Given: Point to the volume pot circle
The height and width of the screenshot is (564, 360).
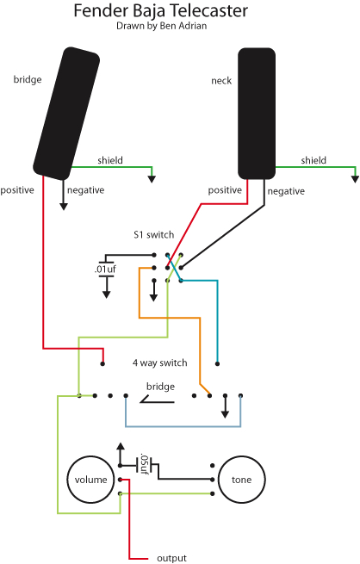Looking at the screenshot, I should point(91,479).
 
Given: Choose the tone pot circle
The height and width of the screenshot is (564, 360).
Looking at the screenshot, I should point(242,479).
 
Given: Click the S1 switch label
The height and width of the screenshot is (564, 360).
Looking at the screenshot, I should point(153,235).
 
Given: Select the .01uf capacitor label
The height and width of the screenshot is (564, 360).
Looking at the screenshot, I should point(107,270).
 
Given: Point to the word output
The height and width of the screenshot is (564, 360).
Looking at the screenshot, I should point(171,558).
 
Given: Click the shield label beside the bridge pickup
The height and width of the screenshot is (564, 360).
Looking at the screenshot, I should point(109,160).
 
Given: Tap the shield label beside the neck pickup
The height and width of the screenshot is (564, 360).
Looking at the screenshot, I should point(313,160).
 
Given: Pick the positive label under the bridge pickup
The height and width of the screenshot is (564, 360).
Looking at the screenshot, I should point(17,189).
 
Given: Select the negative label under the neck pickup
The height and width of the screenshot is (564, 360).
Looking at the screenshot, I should point(286,193).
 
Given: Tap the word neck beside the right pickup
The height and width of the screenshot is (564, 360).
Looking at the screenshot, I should point(221,81).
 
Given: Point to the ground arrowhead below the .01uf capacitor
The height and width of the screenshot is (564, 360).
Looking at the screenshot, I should point(107,294).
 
